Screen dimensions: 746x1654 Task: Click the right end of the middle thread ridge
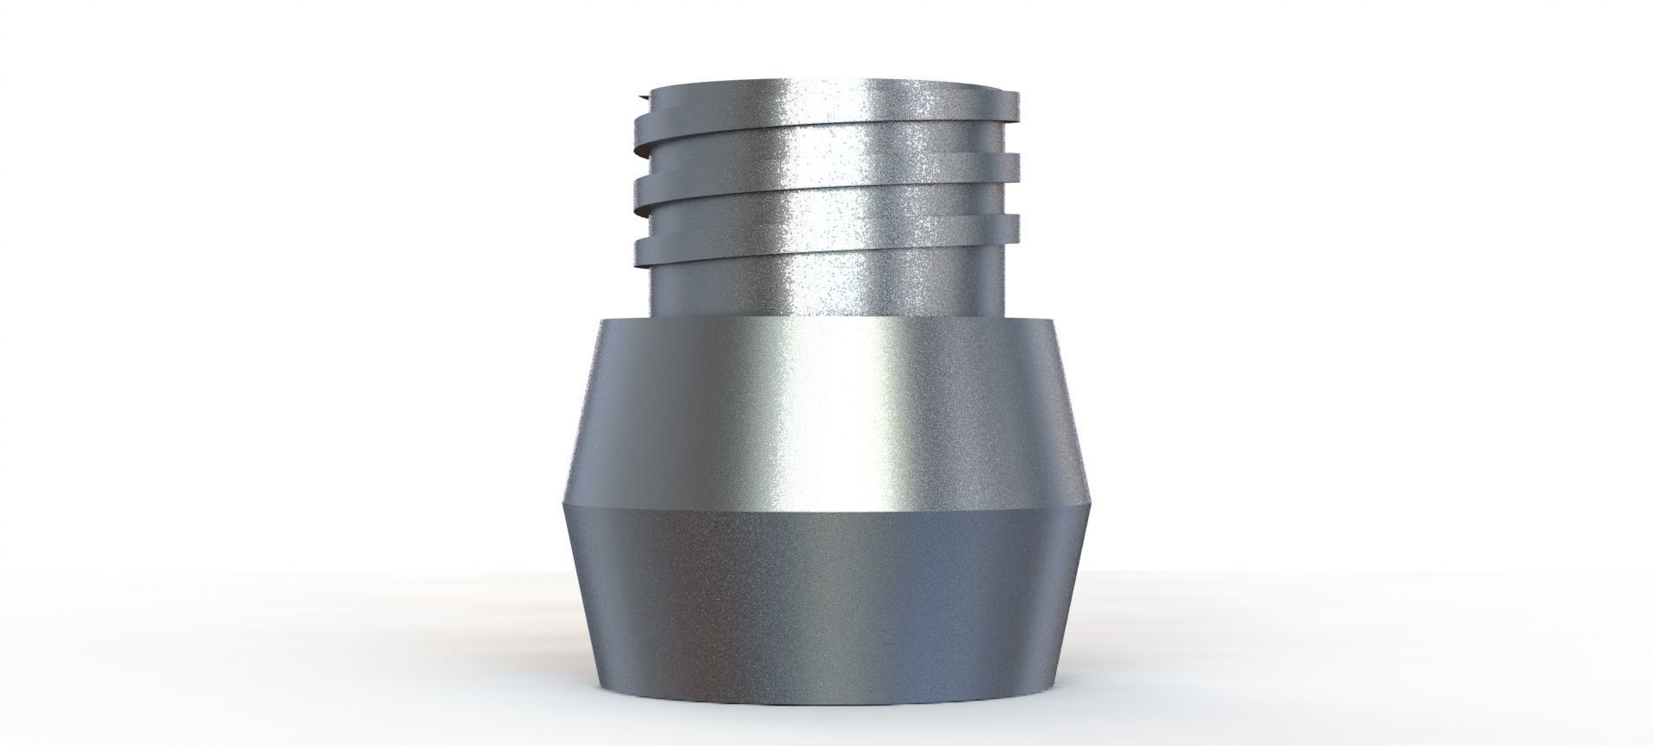pos(1020,164)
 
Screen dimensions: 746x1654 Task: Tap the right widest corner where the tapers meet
pos(1092,504)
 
